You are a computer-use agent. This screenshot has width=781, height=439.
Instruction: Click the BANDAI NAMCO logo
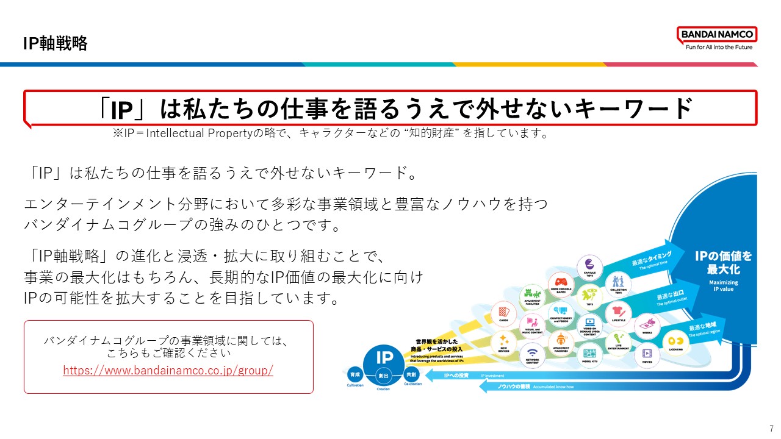click(x=717, y=38)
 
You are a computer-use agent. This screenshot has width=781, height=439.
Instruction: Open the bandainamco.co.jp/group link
click(x=168, y=370)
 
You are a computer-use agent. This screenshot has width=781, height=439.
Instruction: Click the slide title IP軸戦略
click(x=55, y=43)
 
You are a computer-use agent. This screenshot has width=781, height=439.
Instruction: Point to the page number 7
click(x=772, y=429)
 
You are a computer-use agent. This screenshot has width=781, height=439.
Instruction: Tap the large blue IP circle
click(x=384, y=359)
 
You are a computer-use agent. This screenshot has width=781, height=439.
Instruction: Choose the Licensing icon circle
click(x=676, y=340)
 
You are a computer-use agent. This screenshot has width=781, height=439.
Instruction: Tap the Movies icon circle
click(x=647, y=353)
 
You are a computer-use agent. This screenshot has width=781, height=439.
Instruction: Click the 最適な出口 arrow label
click(x=669, y=296)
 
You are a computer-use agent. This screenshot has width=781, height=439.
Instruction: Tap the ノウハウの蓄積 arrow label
click(x=511, y=386)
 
